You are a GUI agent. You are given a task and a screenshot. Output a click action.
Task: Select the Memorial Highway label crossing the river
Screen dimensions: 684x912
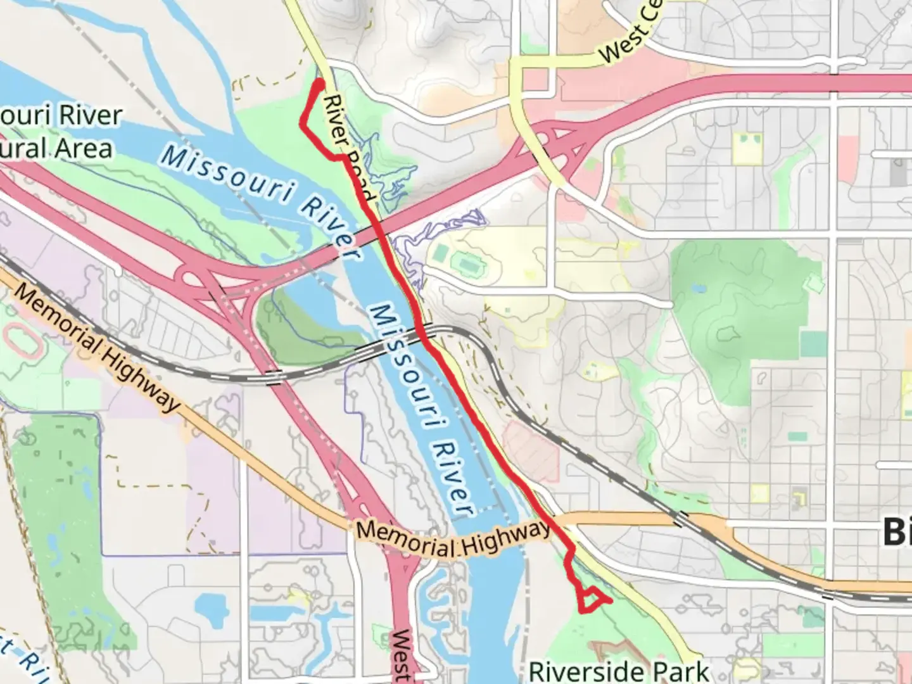[453, 538]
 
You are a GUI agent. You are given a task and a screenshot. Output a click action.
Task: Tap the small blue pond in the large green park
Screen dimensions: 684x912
[698, 289]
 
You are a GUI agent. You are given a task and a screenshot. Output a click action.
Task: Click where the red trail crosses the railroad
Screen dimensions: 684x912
[422, 331]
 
